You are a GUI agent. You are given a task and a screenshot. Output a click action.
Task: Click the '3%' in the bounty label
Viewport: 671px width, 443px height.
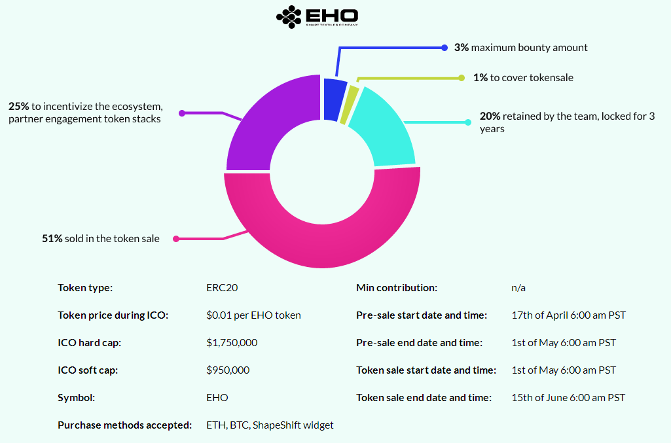(x=462, y=48)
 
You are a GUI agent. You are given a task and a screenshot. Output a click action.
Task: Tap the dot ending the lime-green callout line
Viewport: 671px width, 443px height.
(x=462, y=77)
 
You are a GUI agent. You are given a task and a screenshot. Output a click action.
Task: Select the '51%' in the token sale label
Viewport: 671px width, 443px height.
(x=52, y=239)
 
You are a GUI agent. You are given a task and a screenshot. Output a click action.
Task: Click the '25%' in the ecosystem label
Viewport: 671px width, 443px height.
(x=18, y=106)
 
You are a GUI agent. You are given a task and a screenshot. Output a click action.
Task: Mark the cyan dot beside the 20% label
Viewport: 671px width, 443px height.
(x=467, y=122)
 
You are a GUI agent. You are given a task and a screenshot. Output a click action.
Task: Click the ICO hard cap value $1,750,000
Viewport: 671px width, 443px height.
(x=232, y=343)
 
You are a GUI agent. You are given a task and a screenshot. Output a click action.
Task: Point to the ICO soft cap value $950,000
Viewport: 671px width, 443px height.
(x=228, y=370)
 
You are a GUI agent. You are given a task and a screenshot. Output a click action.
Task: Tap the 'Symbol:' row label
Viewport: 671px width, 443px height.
(x=77, y=398)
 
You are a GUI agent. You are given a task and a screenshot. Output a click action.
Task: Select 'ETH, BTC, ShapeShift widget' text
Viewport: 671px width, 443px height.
(x=270, y=425)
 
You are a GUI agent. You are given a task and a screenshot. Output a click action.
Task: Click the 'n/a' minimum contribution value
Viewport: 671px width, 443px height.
(x=518, y=288)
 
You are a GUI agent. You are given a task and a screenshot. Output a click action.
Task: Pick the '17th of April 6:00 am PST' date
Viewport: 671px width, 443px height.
(x=568, y=315)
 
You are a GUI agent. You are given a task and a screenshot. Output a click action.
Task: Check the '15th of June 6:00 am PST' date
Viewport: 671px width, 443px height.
(x=568, y=398)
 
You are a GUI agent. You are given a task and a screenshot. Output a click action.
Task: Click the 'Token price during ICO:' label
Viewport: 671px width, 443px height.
(x=113, y=315)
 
